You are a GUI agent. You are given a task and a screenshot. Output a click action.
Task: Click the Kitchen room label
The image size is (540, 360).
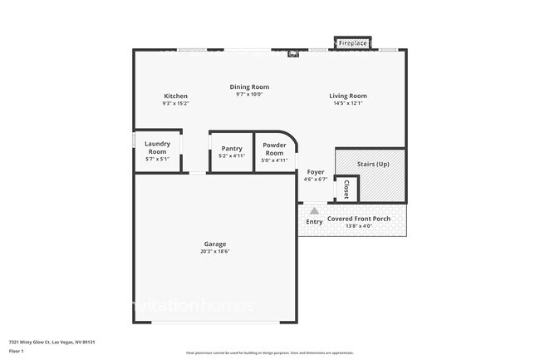point(175,96)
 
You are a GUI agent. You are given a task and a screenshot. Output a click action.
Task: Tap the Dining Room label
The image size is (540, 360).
point(249,86)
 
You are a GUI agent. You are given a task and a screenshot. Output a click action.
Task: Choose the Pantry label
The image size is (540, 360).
point(231,149)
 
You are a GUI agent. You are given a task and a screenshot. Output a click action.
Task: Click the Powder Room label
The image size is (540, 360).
point(274,149)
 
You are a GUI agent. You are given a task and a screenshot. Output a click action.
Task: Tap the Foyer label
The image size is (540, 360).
point(316,171)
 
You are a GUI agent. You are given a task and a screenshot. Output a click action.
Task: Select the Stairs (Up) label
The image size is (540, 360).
point(372,165)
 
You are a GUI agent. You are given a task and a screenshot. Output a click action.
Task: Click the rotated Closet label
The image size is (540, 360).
point(346,190)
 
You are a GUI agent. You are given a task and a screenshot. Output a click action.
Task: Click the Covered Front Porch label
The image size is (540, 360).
point(358,219)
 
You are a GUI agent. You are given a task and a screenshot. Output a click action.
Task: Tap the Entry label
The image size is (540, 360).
point(314,222)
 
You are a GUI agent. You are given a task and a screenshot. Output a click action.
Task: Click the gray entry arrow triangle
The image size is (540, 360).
point(314,211)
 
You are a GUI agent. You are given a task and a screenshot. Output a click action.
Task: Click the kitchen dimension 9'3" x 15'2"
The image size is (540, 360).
point(175,104)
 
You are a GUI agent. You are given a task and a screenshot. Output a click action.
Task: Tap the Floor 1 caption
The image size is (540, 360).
point(16,352)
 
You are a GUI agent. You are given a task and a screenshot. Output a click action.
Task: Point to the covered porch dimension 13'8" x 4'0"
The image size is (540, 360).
point(358,226)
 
